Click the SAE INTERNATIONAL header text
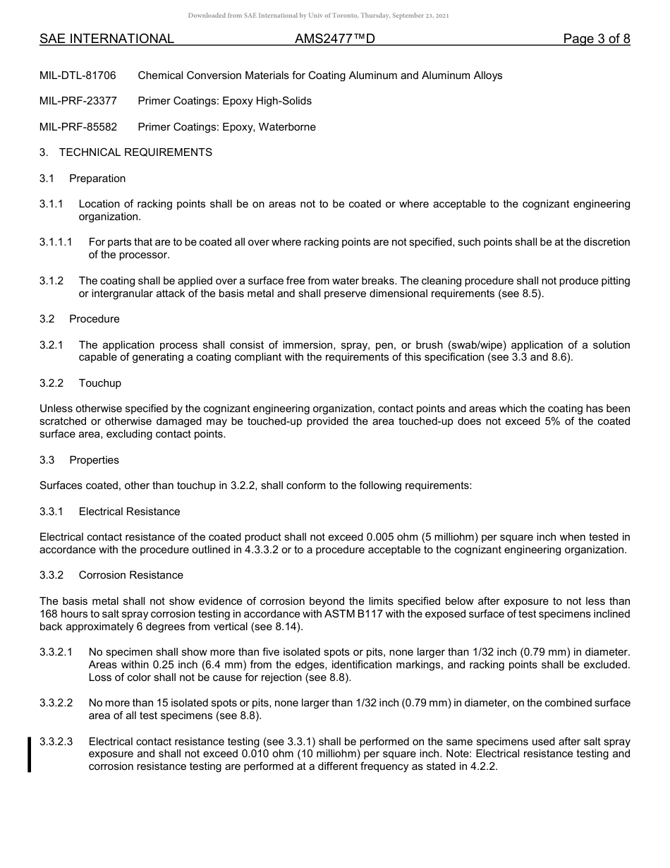pyautogui.click(x=106, y=39)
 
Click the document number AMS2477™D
pyautogui.click(x=334, y=39)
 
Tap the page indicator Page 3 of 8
pyautogui.click(x=596, y=39)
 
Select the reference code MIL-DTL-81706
pyautogui.click(x=78, y=76)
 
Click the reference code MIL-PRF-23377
pyautogui.click(x=78, y=101)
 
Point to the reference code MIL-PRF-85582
pyautogui.click(x=78, y=127)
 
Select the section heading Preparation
pyautogui.click(x=97, y=179)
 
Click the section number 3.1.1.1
pyautogui.click(x=56, y=242)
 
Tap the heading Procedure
pyautogui.click(x=95, y=319)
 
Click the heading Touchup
pyautogui.click(x=100, y=383)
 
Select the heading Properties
pyautogui.click(x=94, y=460)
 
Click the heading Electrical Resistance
pyautogui.click(x=129, y=512)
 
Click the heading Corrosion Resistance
pyautogui.click(x=130, y=575)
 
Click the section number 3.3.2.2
pyautogui.click(x=56, y=703)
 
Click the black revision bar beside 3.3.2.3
pyautogui.click(x=29, y=754)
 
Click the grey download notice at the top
pyautogui.click(x=318, y=16)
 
